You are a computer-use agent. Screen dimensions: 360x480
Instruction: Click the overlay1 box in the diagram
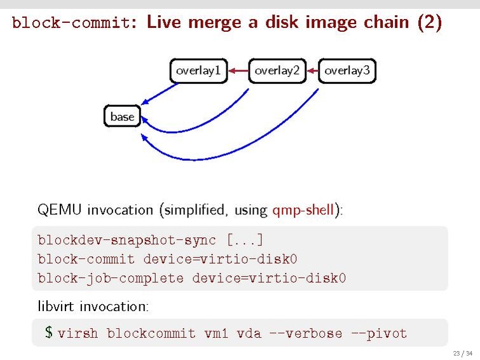click(x=198, y=71)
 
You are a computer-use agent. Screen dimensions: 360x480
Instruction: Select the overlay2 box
click(x=277, y=71)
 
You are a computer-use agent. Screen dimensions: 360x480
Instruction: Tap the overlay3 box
click(x=346, y=71)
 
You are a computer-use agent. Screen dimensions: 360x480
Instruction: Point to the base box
click(x=122, y=116)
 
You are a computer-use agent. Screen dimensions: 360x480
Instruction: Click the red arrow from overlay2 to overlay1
click(x=238, y=71)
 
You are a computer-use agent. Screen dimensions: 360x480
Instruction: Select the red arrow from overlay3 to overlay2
click(x=312, y=71)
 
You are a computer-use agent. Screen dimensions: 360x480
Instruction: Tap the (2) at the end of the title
click(x=429, y=23)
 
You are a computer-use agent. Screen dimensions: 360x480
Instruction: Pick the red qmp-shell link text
click(x=303, y=210)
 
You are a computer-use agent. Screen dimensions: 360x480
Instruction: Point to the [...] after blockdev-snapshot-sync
click(x=245, y=240)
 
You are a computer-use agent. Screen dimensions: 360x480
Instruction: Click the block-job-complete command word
click(x=111, y=279)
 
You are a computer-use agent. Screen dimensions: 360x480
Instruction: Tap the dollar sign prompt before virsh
click(x=49, y=333)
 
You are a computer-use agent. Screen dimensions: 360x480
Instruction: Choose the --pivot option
click(x=379, y=333)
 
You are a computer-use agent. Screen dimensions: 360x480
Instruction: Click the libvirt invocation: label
click(x=93, y=306)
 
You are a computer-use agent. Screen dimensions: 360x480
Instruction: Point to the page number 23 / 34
click(x=462, y=353)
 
